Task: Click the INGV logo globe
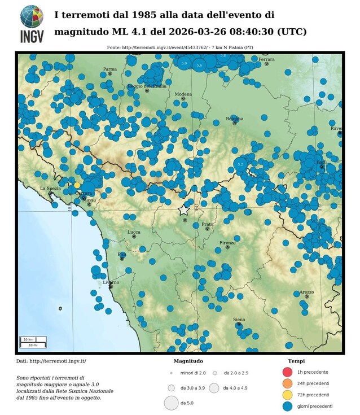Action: pyautogui.click(x=32, y=16)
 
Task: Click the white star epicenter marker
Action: pyautogui.click(x=184, y=210)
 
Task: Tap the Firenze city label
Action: pyautogui.click(x=228, y=242)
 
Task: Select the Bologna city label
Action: pyautogui.click(x=234, y=119)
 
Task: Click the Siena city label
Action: pyautogui.click(x=239, y=320)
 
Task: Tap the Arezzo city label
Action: pyautogui.click(x=306, y=292)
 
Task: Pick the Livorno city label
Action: pyautogui.click(x=111, y=282)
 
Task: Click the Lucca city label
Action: pyautogui.click(x=134, y=232)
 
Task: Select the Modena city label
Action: pyautogui.click(x=183, y=94)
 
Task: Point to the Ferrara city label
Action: pyautogui.click(x=266, y=59)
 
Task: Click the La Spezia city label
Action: pyautogui.click(x=50, y=188)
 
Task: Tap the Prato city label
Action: pyautogui.click(x=208, y=224)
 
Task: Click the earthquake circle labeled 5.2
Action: pyautogui.click(x=240, y=165)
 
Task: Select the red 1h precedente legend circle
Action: pyautogui.click(x=287, y=372)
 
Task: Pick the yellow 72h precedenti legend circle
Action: pyautogui.click(x=287, y=395)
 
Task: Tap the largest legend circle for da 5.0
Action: pyautogui.click(x=171, y=403)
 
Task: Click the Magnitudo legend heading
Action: pyautogui.click(x=188, y=361)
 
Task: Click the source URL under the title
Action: pyautogui.click(x=180, y=48)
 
